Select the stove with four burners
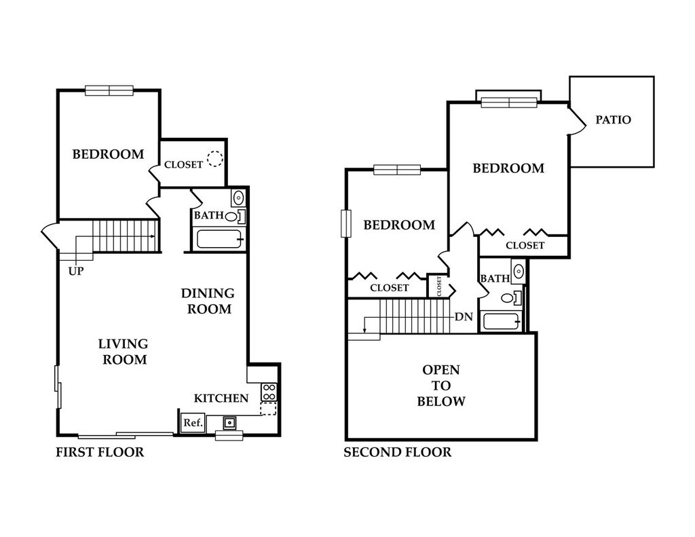tap(269, 392)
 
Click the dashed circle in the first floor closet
tap(215, 159)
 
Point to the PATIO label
tap(613, 120)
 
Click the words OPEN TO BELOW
tap(440, 386)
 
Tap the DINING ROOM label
tap(208, 301)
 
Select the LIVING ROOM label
tap(124, 352)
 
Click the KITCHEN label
tap(221, 398)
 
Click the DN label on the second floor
tap(464, 316)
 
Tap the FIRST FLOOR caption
tap(100, 452)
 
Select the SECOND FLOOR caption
tap(397, 452)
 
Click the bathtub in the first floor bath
tap(219, 240)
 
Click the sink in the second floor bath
tap(518, 271)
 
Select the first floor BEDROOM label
tap(108, 154)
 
